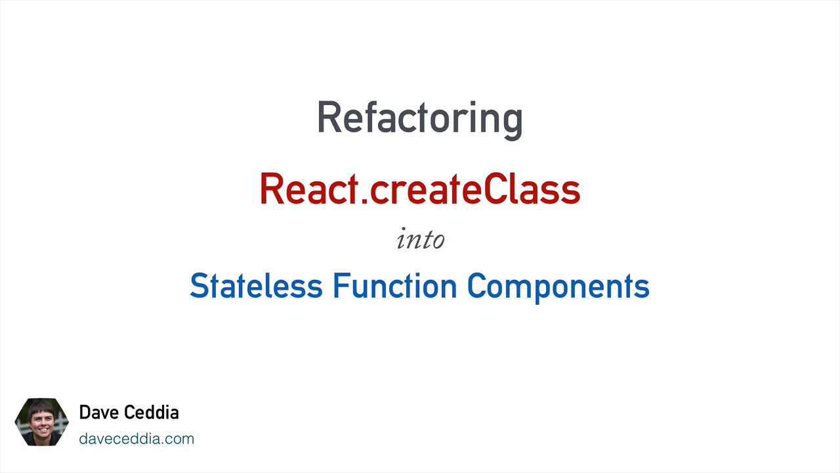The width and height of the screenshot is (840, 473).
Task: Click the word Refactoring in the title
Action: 419,119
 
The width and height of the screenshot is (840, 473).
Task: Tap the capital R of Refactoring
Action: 329,118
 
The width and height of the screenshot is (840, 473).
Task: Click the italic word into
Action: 420,239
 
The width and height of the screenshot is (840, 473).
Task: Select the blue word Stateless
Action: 256,286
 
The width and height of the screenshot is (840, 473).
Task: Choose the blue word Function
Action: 394,286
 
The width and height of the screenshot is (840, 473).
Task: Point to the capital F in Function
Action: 340,286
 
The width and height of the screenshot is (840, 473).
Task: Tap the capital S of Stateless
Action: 198,286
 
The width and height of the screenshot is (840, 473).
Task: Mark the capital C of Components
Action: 476,286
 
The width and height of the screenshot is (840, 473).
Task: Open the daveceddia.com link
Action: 136,439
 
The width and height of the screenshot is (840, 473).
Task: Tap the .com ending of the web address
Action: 179,439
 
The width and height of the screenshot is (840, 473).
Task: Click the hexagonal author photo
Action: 41,422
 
